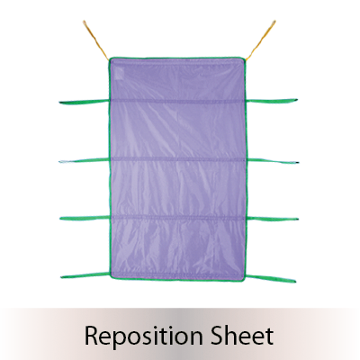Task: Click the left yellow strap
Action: pos(95,40)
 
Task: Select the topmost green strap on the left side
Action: pos(84,102)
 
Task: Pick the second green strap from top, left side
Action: pos(84,161)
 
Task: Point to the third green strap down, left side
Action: pos(85,218)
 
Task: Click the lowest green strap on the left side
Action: pos(85,275)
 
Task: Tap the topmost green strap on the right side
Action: pos(272,101)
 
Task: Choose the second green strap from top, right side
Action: pos(273,161)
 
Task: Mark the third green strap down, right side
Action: pos(273,219)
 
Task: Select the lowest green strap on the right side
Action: pos(272,278)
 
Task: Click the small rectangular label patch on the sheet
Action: pos(119,74)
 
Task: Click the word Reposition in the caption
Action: pos(145,336)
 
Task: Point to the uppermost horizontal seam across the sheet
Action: pos(177,101)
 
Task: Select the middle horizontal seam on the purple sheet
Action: pos(178,159)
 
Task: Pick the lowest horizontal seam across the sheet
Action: pos(178,218)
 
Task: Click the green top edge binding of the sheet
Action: pos(177,58)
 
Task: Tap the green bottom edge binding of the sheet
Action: pos(177,280)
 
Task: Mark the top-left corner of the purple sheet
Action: pos(110,58)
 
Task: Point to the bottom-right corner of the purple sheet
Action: pos(245,280)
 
